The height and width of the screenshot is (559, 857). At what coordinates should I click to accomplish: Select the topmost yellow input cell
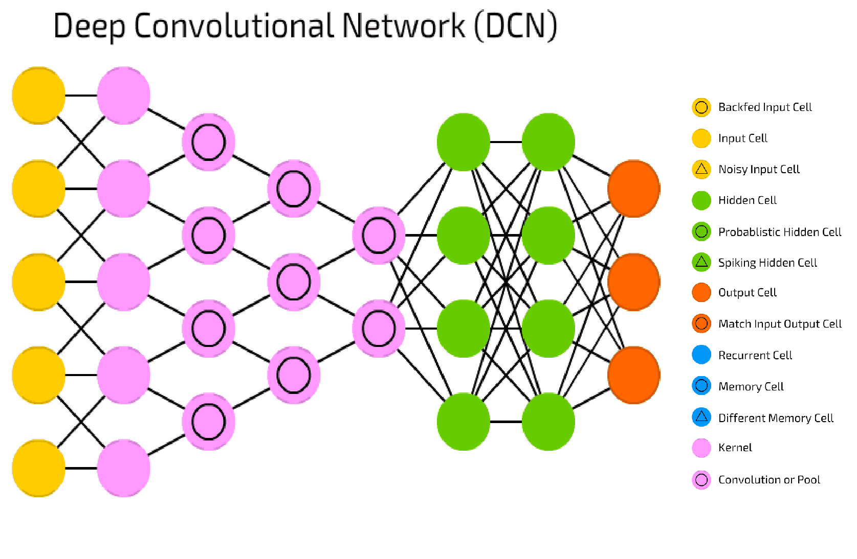click(x=38, y=95)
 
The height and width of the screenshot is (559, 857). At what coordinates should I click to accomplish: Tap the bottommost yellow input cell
click(x=38, y=468)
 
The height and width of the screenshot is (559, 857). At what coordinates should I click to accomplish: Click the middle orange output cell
click(x=633, y=282)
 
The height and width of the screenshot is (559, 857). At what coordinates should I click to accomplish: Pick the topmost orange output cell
click(x=633, y=189)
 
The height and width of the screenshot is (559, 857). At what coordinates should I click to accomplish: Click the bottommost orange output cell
click(x=633, y=375)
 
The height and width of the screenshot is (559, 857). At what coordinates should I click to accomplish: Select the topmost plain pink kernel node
click(x=123, y=95)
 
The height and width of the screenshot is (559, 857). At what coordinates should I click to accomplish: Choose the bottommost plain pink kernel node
click(x=123, y=468)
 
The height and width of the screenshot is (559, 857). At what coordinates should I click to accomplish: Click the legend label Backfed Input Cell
click(x=765, y=107)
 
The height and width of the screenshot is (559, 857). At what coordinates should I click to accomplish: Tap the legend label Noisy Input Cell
click(x=759, y=169)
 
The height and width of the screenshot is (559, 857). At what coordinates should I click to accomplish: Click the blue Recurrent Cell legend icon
click(x=701, y=355)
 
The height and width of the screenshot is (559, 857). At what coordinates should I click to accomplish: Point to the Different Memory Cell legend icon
click(x=701, y=417)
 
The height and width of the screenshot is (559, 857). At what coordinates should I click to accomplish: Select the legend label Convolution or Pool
click(x=769, y=480)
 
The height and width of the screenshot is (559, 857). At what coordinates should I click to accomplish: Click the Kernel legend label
click(x=735, y=448)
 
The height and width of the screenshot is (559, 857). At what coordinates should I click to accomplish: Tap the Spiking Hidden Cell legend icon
click(x=701, y=262)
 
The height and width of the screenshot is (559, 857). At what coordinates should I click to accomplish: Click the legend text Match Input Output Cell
click(x=780, y=324)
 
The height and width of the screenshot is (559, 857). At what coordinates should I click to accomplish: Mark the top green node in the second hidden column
click(x=548, y=142)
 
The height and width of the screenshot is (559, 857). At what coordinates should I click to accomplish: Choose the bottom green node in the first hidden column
click(x=463, y=422)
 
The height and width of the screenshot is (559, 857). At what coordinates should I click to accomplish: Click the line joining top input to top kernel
click(x=81, y=95)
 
